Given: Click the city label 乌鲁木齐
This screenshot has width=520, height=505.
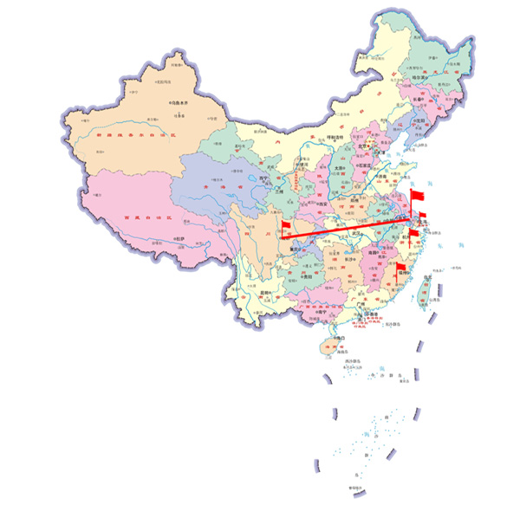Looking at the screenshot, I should (x=179, y=102).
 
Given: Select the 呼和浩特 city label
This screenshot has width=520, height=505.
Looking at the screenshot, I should (x=335, y=137).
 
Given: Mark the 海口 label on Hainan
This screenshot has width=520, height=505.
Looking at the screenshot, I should (x=333, y=337).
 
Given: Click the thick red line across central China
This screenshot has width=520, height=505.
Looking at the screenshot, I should (x=347, y=227).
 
